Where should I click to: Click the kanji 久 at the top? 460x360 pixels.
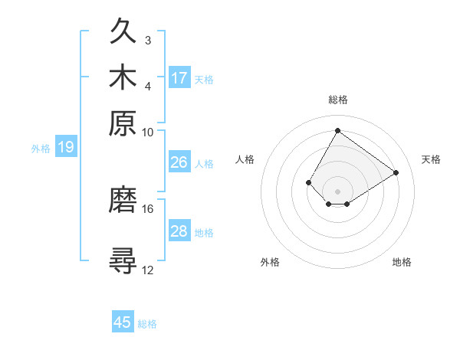pos(123,31)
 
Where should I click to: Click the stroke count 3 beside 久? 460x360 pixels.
pos(147,40)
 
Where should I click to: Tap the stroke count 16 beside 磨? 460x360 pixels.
pos(148,208)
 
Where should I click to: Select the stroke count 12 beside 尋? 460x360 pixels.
pos(148,269)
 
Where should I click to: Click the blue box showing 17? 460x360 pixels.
pos(179,77)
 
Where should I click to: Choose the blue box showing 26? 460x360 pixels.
pos(179,162)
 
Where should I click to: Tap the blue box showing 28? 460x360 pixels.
pos(179,231)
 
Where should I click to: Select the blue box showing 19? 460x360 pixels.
pos(66,147)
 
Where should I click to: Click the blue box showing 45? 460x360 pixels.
pos(123,322)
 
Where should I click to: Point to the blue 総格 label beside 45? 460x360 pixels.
pos(147,324)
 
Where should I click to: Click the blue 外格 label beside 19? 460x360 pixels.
pos(41,149)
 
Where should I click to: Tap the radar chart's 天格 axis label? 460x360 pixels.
pos(431,159)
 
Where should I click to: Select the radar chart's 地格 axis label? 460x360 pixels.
pos(402,262)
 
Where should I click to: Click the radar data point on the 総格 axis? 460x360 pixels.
pos(337,129)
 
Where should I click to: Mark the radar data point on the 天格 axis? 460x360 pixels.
pos(396,172)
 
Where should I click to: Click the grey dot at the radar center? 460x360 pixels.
pos(337,191)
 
